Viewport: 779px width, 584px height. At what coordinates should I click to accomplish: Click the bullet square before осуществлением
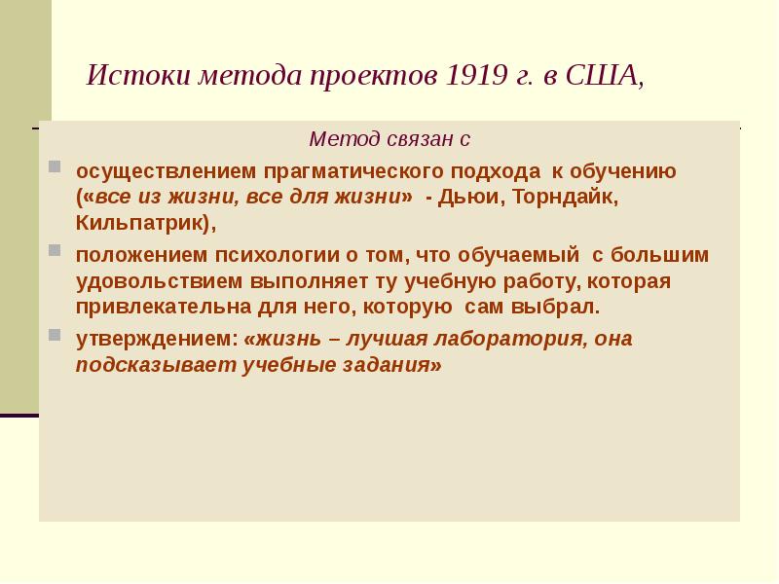pyautogui.click(x=56, y=165)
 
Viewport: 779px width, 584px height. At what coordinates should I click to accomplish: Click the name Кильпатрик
pyautogui.click(x=141, y=222)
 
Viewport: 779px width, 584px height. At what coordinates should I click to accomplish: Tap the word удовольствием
pyautogui.click(x=158, y=281)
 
